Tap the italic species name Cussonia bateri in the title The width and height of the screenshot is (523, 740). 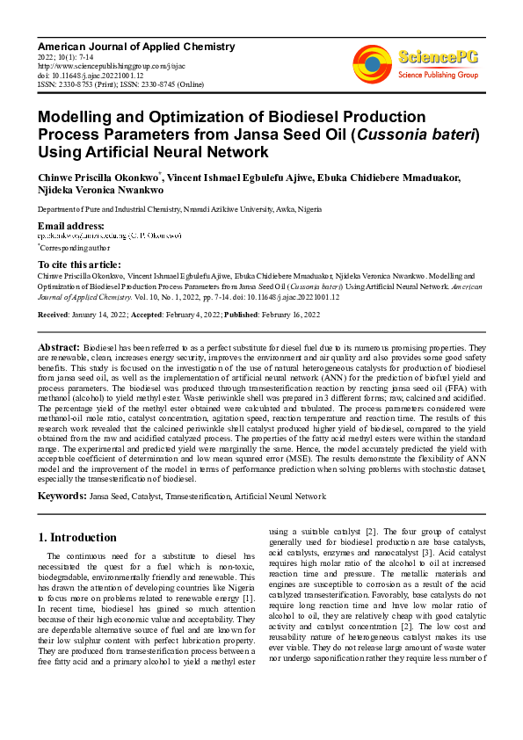click(425, 134)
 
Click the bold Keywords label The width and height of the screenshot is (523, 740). click(62, 497)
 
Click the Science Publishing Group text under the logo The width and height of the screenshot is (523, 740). click(437, 76)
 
